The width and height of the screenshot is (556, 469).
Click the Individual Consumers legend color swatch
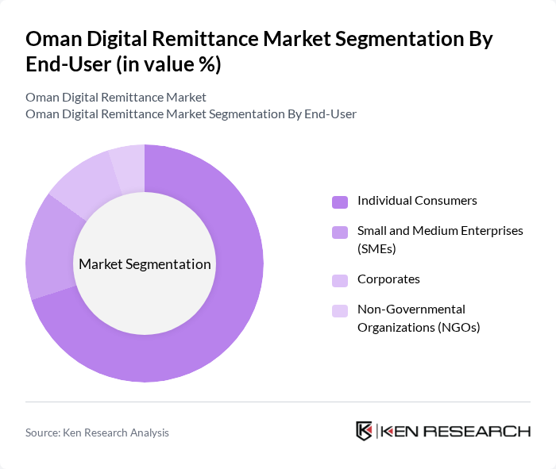pos(339,202)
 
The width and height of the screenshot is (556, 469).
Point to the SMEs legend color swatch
pos(339,232)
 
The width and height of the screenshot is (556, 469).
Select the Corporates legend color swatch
pos(339,280)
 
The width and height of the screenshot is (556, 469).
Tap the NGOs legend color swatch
pos(339,310)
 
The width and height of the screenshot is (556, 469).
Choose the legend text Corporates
pos(388,279)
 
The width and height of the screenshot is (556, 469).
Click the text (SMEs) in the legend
pos(376,248)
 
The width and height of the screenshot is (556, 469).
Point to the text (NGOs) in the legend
pos(461,326)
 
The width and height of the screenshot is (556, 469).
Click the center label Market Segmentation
pos(145,264)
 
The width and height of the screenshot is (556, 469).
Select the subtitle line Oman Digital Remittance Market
pos(116,97)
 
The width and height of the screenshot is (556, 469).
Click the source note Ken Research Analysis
pos(97,432)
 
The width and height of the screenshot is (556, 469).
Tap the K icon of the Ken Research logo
pos(365,431)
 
